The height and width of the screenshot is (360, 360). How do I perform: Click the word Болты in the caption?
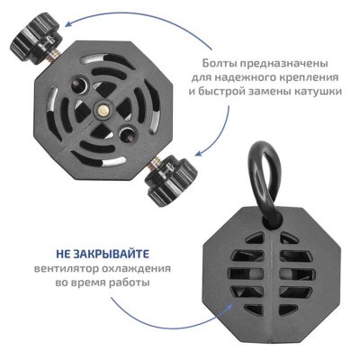pos(222,62)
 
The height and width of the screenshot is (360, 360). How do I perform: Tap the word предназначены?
pos(287,62)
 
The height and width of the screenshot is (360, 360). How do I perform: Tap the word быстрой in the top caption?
pos(224,93)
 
